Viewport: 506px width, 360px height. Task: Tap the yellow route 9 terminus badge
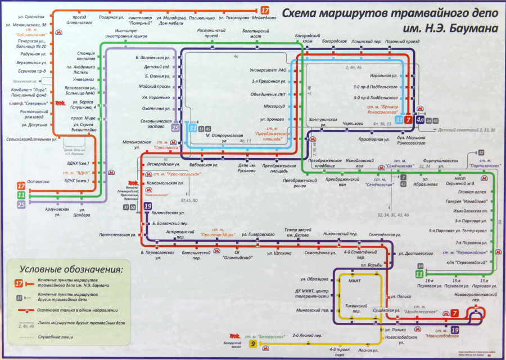point(253,344)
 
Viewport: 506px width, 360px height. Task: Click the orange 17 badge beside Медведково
point(265,10)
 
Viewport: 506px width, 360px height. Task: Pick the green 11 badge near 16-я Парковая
point(419,274)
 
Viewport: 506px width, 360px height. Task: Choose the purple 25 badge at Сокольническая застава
point(176,128)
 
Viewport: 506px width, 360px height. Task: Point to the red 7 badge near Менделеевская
point(454,313)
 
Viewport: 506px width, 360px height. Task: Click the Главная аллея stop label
point(472,192)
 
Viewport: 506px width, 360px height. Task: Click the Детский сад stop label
point(157,66)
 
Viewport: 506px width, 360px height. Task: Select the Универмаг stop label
point(84,79)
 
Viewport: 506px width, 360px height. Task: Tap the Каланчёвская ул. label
point(169,213)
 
